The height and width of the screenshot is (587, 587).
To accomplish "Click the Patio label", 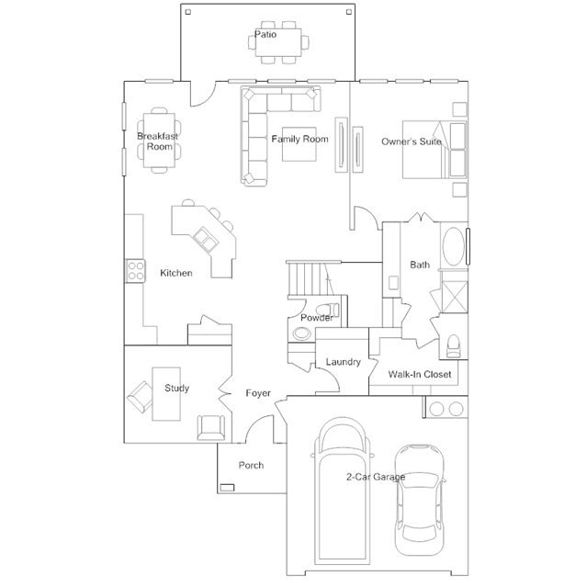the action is click(x=265, y=34).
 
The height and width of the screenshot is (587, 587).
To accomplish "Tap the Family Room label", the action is click(x=299, y=140).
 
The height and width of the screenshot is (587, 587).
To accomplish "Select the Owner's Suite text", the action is click(x=412, y=141).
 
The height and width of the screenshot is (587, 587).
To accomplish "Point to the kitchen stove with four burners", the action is click(x=136, y=271).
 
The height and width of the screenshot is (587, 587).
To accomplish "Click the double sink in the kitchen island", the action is click(x=206, y=239).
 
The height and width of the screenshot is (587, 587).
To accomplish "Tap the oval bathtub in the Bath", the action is click(x=454, y=246).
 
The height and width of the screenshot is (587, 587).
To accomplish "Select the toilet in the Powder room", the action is click(x=328, y=310).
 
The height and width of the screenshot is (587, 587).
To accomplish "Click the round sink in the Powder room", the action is click(x=301, y=333).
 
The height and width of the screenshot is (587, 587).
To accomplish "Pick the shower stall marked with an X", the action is click(x=455, y=297).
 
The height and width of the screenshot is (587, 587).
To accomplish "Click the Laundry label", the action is click(x=344, y=362).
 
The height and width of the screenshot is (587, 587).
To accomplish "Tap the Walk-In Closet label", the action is click(x=420, y=374).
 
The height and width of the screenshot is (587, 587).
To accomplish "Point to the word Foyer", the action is click(x=258, y=393).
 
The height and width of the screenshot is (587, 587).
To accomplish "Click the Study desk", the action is click(x=166, y=394).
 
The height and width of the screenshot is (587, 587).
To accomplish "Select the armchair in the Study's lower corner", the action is click(x=211, y=427).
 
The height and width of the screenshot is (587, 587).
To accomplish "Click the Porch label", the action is click(x=251, y=465).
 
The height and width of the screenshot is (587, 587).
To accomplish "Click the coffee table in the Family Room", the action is click(x=299, y=144).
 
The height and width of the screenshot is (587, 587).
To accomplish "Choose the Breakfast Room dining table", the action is click(x=159, y=141).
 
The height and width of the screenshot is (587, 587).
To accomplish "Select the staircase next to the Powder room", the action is click(x=307, y=278).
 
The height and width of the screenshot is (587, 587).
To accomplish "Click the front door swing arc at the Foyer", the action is click(x=259, y=429).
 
